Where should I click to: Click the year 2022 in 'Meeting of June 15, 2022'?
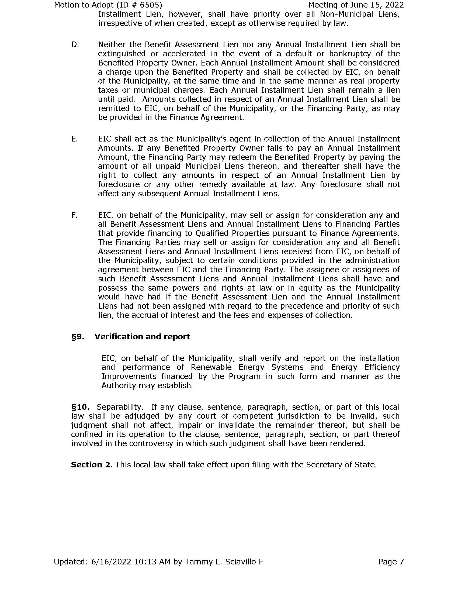(394, 5)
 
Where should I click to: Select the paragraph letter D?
(75, 44)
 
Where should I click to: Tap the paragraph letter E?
(74, 139)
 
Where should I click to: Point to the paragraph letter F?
(74, 215)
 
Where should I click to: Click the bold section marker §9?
(78, 337)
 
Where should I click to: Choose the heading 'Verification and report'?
(142, 337)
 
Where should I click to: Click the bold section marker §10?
(80, 407)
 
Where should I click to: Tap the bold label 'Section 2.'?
(91, 465)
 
